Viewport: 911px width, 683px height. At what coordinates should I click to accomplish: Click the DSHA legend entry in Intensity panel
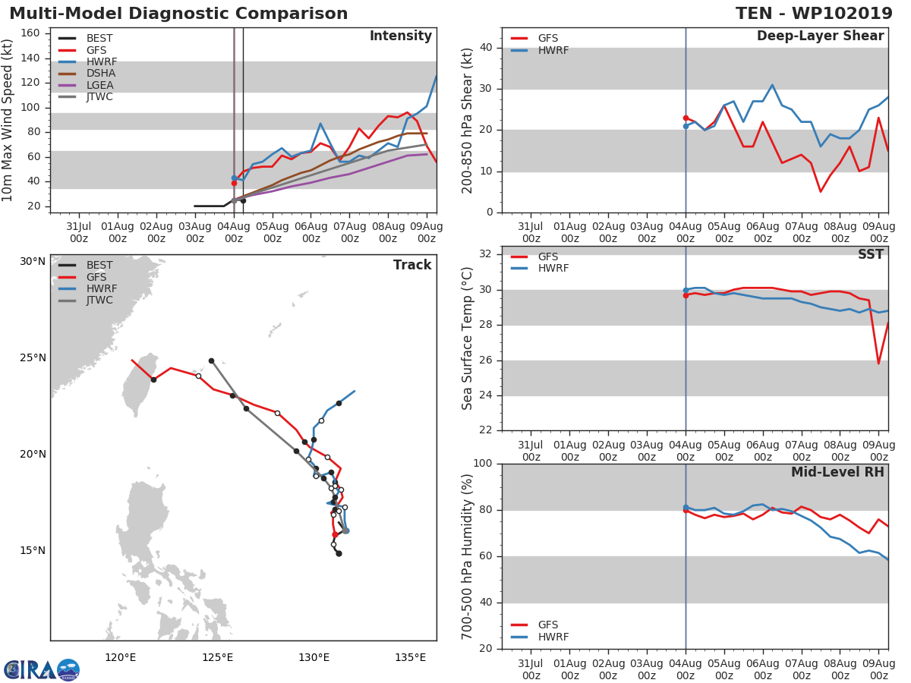point(99,74)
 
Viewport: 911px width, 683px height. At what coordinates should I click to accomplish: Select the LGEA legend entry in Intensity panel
point(99,85)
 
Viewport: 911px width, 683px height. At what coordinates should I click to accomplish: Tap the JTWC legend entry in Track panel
point(99,301)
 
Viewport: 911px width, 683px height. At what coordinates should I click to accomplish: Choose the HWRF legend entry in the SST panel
point(553,269)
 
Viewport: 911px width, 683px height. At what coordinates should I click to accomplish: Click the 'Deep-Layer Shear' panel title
point(820,36)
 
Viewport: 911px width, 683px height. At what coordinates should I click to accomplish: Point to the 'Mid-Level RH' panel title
point(837,472)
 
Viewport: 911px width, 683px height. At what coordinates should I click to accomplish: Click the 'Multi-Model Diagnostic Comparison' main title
point(178,14)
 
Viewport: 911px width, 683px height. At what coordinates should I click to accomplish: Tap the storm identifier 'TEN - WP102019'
point(814,14)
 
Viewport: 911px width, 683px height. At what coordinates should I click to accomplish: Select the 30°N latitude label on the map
point(33,262)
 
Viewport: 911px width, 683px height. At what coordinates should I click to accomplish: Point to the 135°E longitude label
point(411,657)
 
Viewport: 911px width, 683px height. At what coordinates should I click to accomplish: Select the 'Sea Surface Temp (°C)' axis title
point(468,338)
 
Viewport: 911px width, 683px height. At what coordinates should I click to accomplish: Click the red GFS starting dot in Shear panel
point(686,118)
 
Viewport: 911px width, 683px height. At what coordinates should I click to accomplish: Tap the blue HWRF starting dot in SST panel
point(686,290)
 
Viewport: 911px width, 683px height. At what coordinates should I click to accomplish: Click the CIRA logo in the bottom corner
point(41,670)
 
